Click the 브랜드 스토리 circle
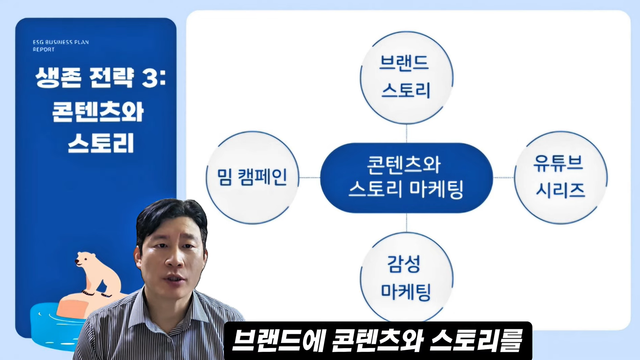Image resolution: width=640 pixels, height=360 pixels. pos(406,78)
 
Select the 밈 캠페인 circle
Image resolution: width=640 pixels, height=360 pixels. pos(253,178)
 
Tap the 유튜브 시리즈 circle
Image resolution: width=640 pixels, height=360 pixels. pos(561,178)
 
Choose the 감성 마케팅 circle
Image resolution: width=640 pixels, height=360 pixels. pos(406,278)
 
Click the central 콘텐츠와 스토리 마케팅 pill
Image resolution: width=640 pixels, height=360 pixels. pos(406,178)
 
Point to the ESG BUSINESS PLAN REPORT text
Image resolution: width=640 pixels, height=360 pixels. pos(61,46)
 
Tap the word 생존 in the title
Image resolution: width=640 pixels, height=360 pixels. pos(58,78)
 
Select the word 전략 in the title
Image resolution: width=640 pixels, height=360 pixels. pos(111,78)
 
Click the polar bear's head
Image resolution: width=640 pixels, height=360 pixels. pos(84,259)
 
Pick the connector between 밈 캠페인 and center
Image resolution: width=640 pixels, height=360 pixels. pos(310,178)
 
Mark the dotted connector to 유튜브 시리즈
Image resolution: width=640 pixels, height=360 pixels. pos(503,178)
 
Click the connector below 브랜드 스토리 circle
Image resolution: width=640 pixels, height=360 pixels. pos(406,134)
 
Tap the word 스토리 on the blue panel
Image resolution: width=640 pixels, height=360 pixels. pos(101,143)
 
